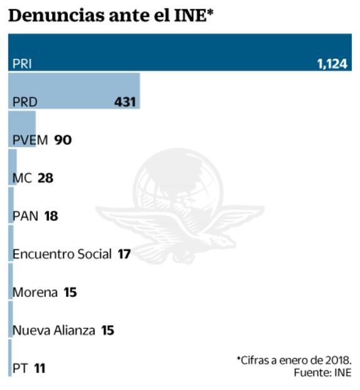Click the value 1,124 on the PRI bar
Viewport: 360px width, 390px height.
(332, 64)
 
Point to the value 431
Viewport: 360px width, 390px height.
(125, 102)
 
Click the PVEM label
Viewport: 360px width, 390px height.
(30, 140)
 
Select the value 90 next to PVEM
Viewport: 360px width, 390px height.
(63, 140)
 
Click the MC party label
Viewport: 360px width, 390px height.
(22, 178)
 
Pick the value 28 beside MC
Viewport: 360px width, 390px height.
(45, 178)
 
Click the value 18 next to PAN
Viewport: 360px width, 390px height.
(52, 216)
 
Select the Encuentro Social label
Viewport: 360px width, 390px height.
(62, 254)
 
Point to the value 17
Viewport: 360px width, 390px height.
(124, 254)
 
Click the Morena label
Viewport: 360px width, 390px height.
(35, 292)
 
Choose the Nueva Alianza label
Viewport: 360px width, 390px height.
(54, 330)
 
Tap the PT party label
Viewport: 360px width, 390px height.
(20, 369)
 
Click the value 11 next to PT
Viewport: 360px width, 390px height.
(40, 369)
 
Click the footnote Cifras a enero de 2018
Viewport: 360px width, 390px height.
(293, 360)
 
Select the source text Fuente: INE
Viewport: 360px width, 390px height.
(322, 373)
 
